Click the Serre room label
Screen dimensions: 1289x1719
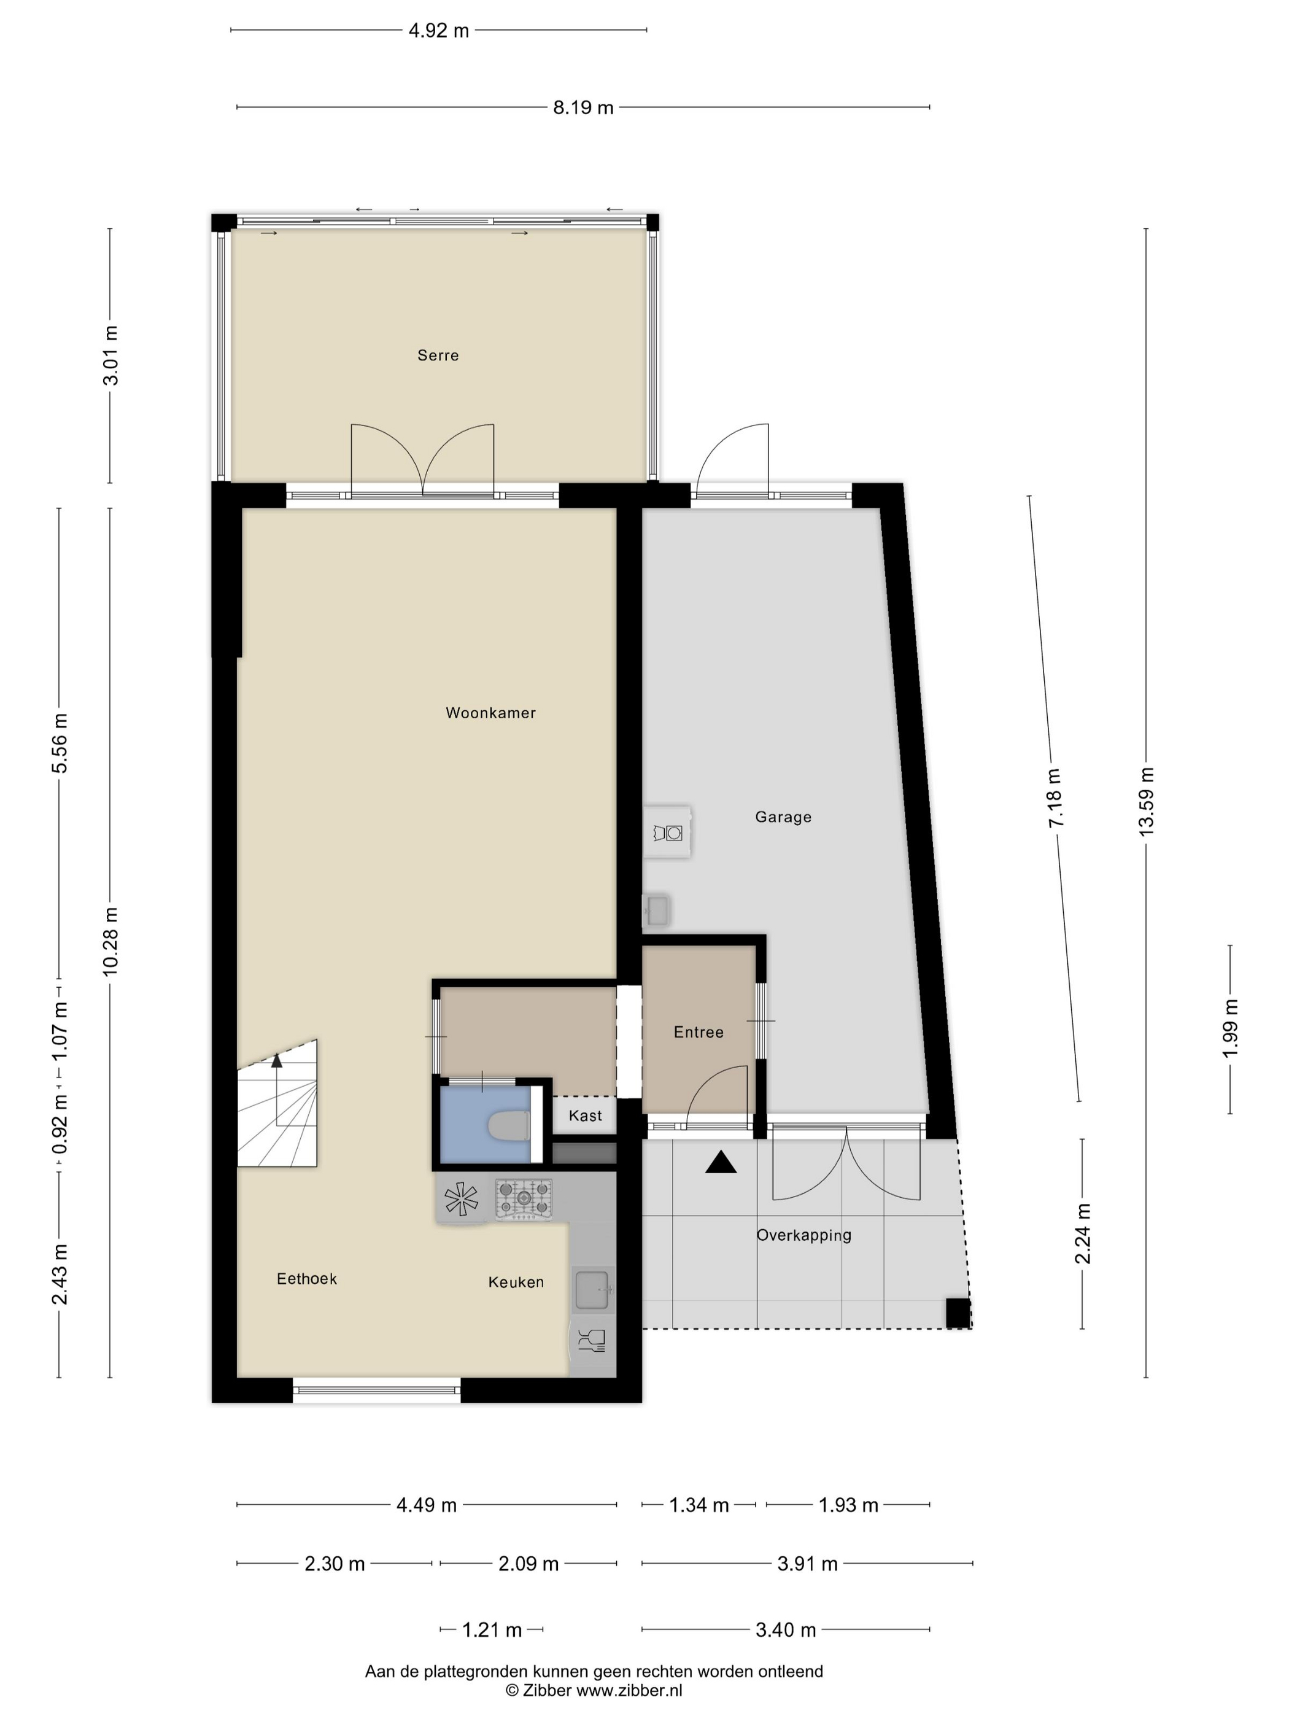[438, 355]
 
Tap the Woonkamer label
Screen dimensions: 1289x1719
[490, 713]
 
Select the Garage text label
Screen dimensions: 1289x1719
[783, 817]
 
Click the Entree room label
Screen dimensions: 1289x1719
[699, 1032]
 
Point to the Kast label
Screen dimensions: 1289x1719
[585, 1116]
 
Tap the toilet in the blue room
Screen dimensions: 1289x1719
[509, 1125]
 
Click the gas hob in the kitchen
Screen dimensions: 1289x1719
[524, 1199]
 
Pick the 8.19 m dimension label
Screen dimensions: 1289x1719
[583, 108]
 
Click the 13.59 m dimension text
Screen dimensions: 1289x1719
[1146, 801]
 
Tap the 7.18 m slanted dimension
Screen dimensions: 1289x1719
[1055, 798]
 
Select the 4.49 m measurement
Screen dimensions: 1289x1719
[427, 1505]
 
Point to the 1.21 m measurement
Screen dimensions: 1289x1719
[492, 1629]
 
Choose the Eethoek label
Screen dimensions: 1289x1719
[307, 1278]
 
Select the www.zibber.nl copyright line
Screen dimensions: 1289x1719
[594, 1690]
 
